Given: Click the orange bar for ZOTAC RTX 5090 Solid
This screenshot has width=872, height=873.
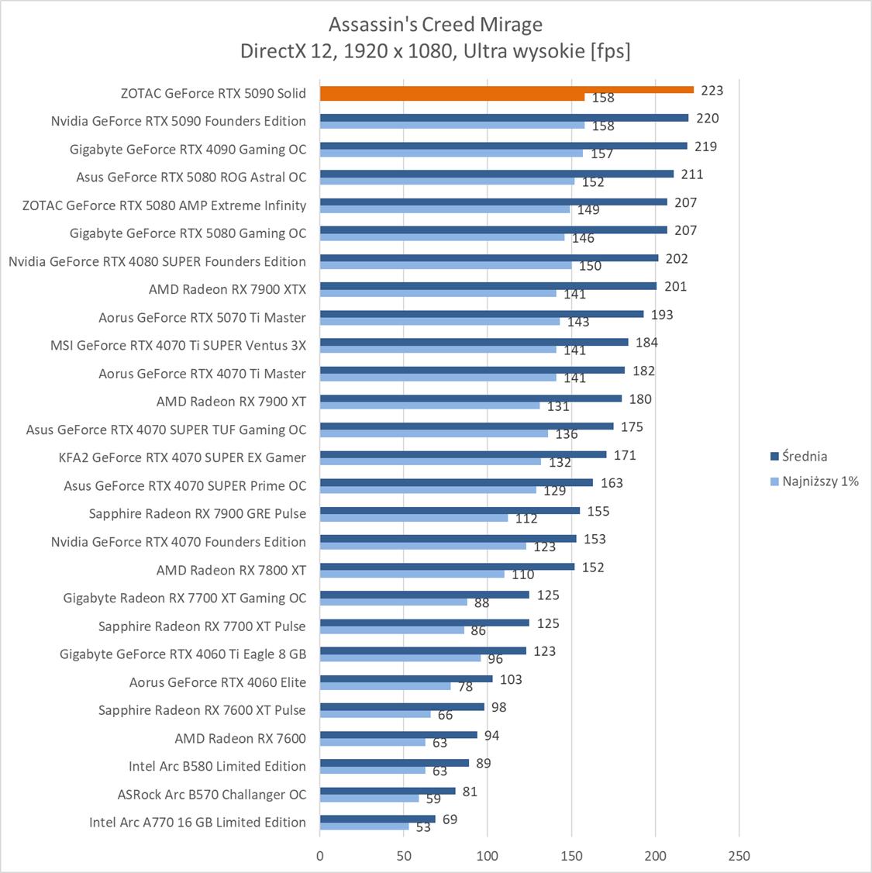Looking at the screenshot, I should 506,89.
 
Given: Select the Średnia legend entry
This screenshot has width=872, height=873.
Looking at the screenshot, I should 804,456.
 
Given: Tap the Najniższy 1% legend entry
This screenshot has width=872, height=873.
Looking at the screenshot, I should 820,481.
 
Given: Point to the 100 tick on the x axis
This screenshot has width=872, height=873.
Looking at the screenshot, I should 488,856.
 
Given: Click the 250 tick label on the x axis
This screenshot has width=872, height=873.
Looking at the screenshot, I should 739,856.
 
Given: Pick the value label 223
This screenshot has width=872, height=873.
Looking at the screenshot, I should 712,90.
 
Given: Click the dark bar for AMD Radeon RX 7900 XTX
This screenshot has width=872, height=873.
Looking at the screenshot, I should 488,286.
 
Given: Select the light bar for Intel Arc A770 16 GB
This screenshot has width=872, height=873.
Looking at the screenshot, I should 364,826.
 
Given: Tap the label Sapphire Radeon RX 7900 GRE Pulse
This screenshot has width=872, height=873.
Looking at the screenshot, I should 197,513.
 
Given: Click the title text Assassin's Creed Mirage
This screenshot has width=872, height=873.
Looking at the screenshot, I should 435,25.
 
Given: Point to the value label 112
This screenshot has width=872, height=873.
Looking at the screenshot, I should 526,519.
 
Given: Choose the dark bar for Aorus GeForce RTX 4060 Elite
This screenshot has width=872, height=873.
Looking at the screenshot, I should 405,679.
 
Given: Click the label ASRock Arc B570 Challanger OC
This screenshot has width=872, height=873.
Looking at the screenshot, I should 212,794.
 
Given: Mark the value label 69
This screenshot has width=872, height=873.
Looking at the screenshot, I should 450,820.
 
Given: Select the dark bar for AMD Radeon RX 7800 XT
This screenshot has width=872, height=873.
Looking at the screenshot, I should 446,567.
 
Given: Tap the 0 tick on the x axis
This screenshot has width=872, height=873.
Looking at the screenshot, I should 320,856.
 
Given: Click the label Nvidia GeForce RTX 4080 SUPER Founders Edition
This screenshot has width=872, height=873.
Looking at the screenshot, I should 157,261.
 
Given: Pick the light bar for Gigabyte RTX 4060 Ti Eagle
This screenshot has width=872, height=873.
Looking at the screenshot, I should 400,658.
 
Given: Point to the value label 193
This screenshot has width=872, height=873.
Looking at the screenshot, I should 662,314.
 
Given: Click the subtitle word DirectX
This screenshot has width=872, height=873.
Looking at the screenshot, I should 271,51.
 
